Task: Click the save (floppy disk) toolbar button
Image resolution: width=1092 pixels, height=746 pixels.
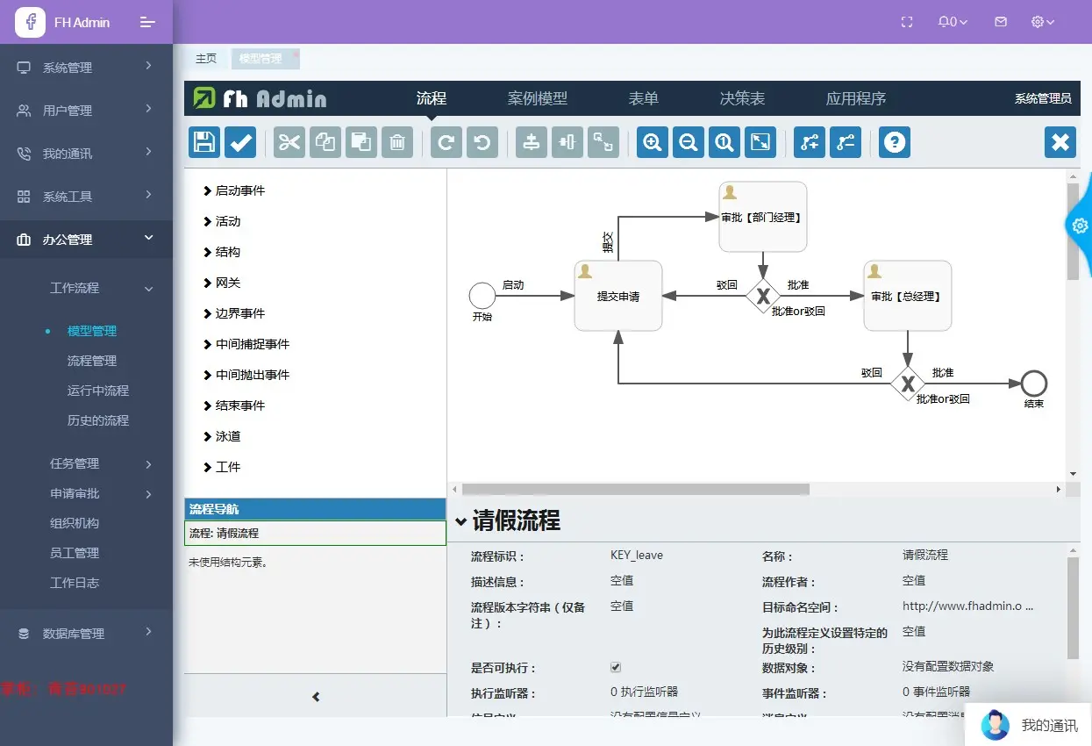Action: [204, 142]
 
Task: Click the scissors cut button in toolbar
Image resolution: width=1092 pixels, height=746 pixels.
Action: [289, 142]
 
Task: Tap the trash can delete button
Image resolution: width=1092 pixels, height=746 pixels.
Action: [396, 142]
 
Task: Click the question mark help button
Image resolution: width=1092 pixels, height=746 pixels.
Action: [894, 142]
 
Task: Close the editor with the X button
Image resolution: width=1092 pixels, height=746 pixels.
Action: [1060, 142]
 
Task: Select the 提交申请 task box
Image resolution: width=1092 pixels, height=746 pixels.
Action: [617, 296]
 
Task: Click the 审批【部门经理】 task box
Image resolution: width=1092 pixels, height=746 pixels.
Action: [762, 217]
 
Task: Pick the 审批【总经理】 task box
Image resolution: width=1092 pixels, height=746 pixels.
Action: [907, 296]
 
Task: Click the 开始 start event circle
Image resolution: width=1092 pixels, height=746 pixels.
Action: [482, 296]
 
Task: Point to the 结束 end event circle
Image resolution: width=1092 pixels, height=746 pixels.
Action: [1034, 384]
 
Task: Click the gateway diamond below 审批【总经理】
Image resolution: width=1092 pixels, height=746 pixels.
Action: [908, 384]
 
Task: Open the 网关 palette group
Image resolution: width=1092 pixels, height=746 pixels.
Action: [227, 283]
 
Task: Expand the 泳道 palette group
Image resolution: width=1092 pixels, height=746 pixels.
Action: [227, 436]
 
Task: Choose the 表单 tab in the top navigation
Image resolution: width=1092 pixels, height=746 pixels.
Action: [643, 98]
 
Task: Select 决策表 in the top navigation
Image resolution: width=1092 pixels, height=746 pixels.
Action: [742, 98]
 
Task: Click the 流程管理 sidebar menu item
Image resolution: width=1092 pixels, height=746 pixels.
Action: [92, 361]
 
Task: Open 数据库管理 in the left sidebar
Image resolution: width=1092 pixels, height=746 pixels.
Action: [74, 634]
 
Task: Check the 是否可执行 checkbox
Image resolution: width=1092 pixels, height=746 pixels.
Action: [616, 667]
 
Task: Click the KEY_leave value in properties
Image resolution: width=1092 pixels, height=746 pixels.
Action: [637, 555]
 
